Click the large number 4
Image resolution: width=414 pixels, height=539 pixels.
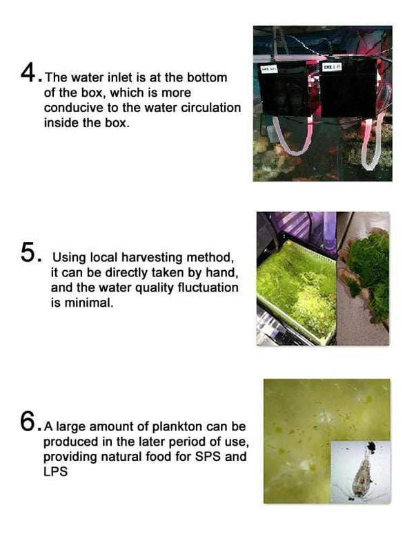30,72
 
